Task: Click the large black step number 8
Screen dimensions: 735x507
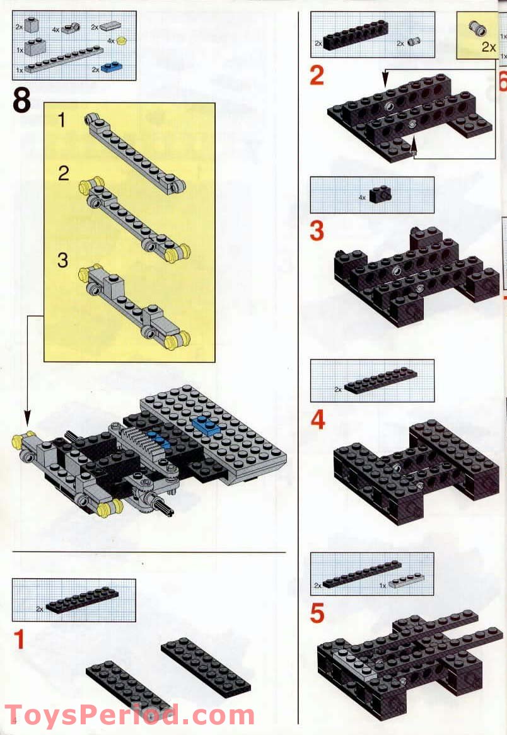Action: tap(21, 101)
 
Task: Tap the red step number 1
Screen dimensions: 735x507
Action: tap(20, 640)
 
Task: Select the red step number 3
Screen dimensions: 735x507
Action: tap(317, 231)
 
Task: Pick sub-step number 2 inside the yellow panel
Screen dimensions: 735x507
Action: tap(63, 173)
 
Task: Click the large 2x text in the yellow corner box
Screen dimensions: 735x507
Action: tap(488, 47)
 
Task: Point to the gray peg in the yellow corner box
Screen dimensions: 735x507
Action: tap(477, 29)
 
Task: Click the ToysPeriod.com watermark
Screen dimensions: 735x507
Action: tap(129, 716)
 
